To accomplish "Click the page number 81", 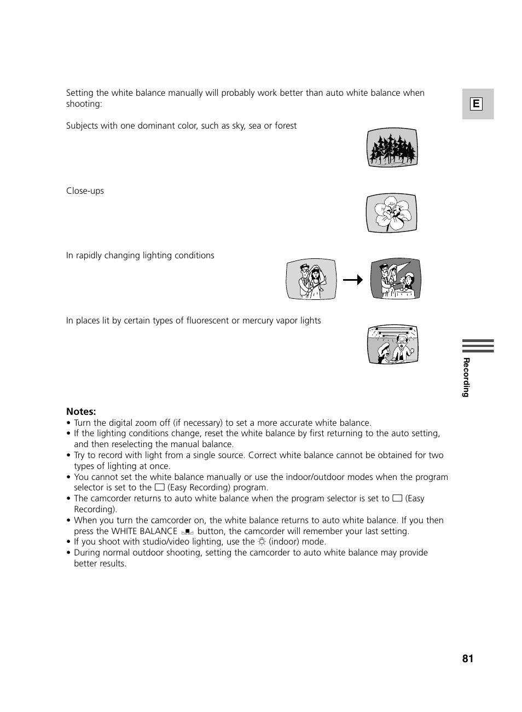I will tap(467, 658).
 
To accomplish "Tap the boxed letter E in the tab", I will tap(476, 104).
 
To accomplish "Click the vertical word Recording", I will tap(466, 377).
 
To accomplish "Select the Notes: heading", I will tap(81, 412).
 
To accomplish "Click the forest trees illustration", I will tap(392, 148).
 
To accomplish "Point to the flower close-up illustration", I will tap(391, 213).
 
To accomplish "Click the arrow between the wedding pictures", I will tap(353, 280).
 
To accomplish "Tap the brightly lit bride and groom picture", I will tap(311, 279).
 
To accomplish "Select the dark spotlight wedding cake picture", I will tap(396, 279).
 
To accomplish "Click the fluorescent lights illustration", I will tap(393, 345).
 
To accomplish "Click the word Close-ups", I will tap(85, 191).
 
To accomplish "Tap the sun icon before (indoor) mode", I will tap(262, 542).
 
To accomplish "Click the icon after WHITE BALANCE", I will tap(187, 531).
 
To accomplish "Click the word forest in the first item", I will tap(286, 126).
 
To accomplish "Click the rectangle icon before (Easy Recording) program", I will tap(159, 487).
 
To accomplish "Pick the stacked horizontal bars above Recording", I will tap(478, 346).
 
